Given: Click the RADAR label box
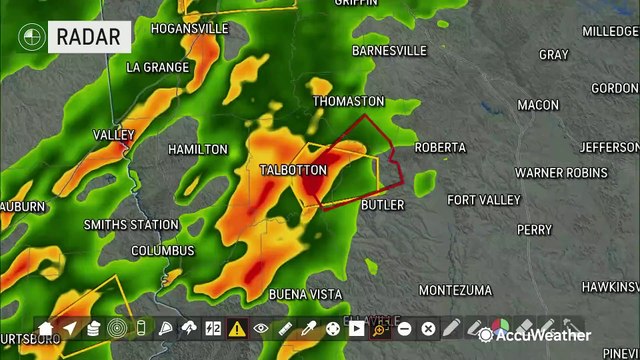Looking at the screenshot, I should [90, 38].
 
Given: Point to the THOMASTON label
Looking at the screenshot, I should [348, 102].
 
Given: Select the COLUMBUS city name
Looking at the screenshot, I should [162, 250].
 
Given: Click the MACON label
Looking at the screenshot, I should [538, 105].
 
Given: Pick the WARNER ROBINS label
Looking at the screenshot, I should [560, 173].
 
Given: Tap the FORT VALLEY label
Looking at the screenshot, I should [484, 200].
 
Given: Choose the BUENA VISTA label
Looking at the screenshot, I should [305, 295].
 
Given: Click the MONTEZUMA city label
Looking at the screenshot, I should [455, 291].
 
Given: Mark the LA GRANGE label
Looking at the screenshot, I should [158, 68].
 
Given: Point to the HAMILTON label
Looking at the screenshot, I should [198, 150].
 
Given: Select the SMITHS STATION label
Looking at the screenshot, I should [131, 225].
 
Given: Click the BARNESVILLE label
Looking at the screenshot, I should [389, 51].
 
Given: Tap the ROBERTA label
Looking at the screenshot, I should [440, 148].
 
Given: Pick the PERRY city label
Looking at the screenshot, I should [534, 230].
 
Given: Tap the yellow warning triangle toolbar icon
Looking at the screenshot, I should [237, 328].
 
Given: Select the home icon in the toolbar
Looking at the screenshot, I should [46, 328].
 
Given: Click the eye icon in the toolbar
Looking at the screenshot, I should [261, 328].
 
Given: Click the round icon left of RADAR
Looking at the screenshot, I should [32, 38].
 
